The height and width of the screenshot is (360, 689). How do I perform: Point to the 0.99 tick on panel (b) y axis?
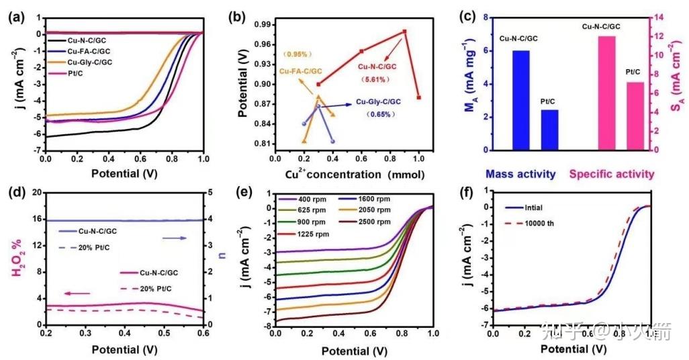260,24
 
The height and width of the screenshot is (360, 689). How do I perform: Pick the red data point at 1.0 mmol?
418,97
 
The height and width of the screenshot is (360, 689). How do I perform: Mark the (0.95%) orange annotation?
299,54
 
